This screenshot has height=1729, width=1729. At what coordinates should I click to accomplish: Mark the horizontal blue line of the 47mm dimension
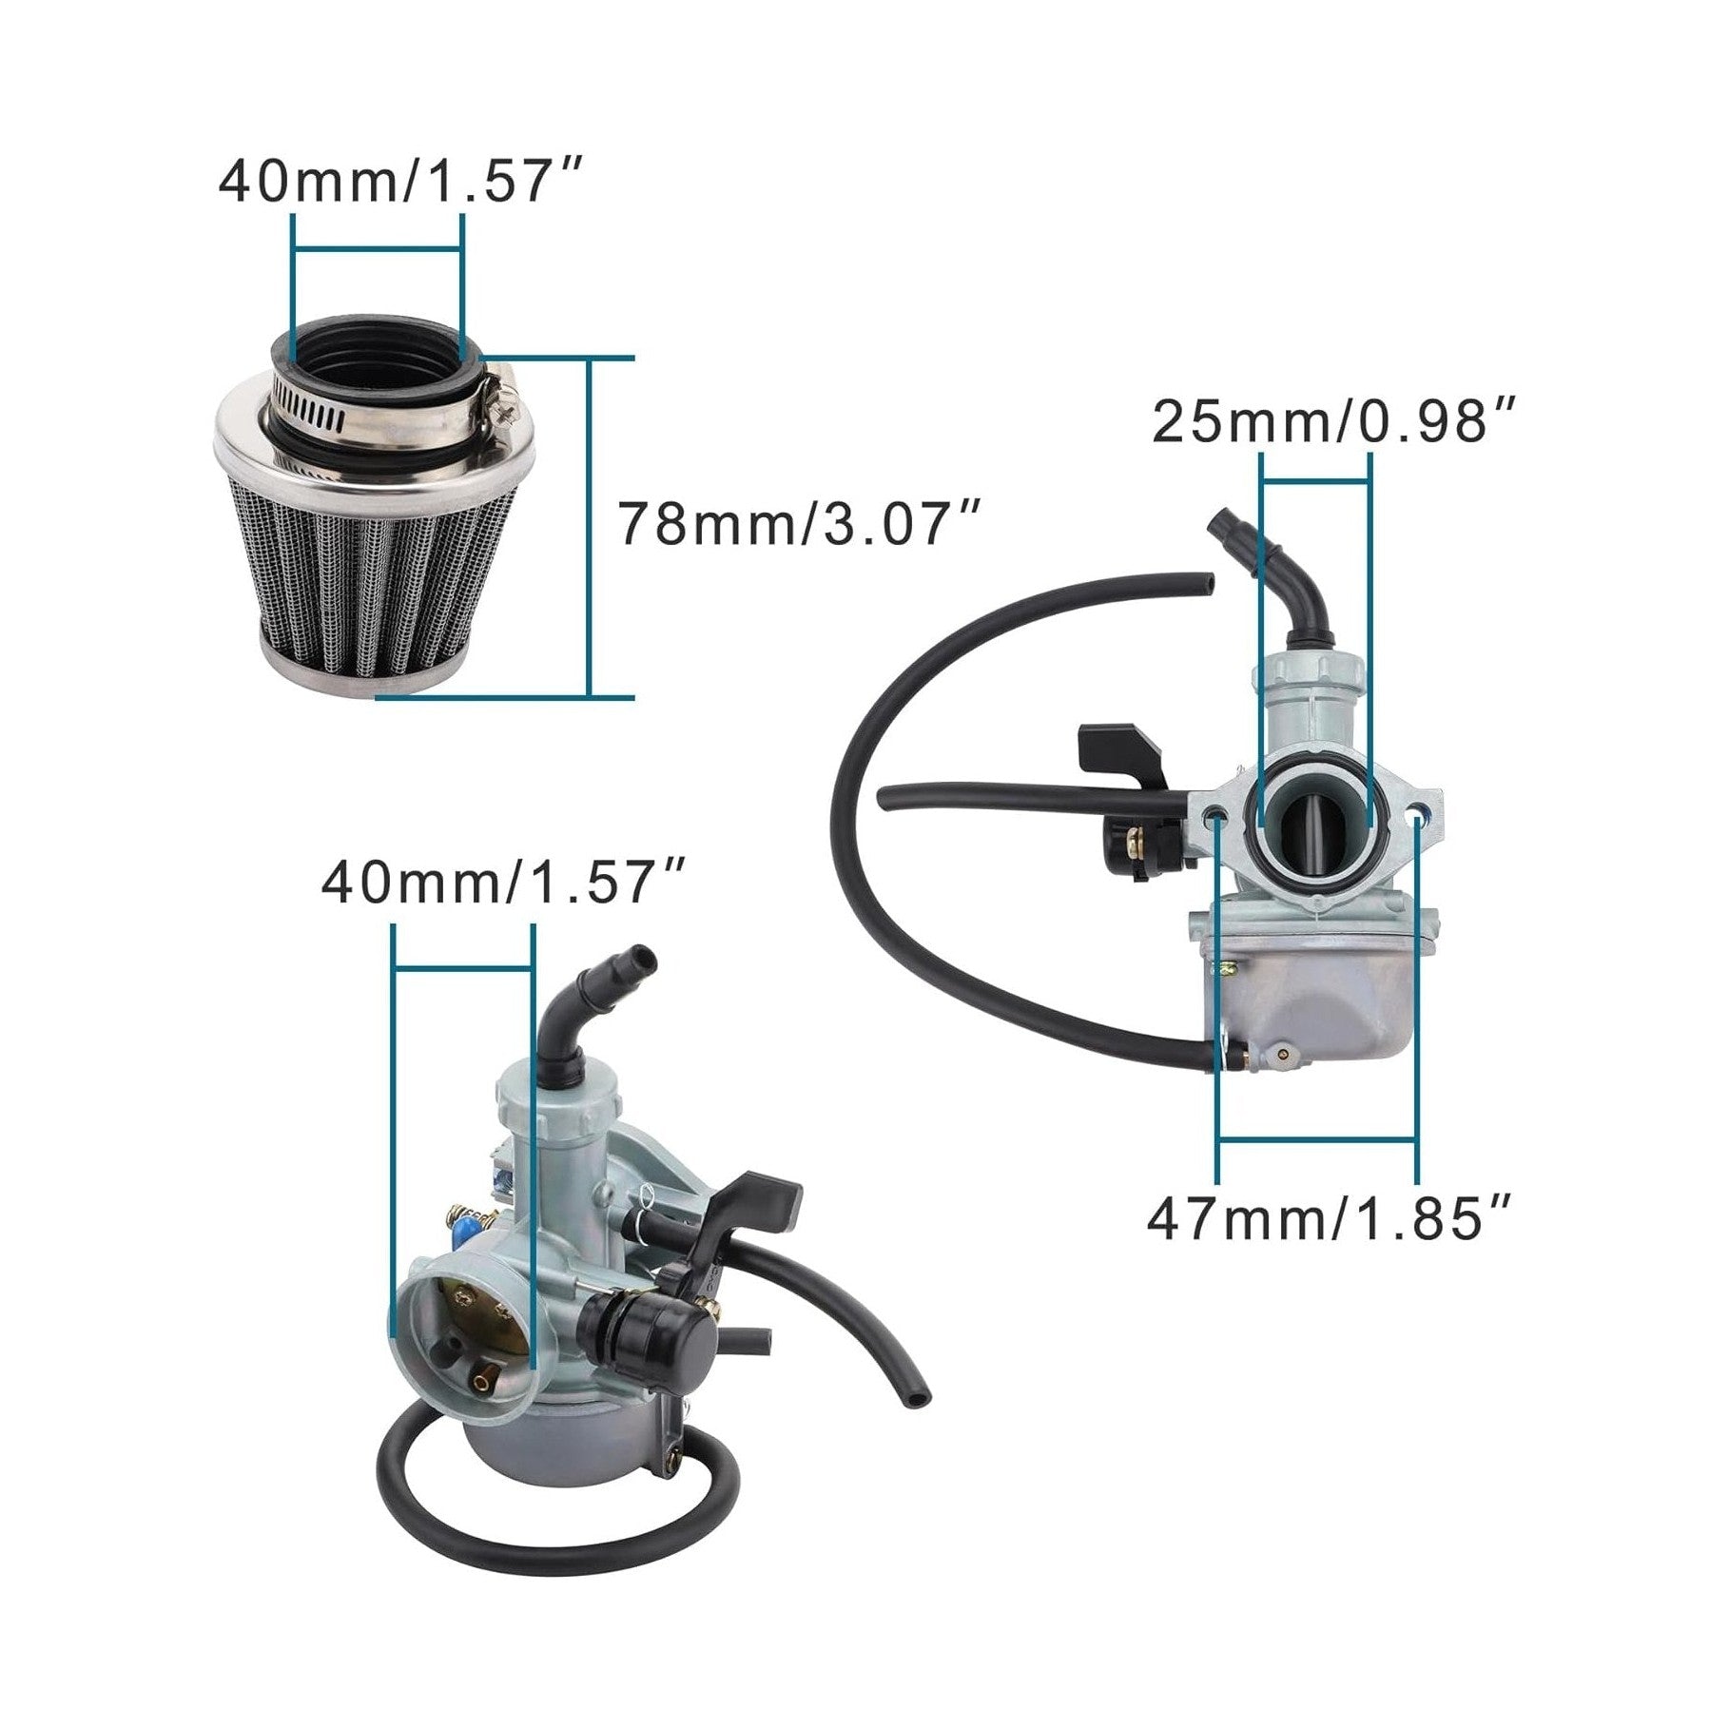coord(1317,1138)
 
